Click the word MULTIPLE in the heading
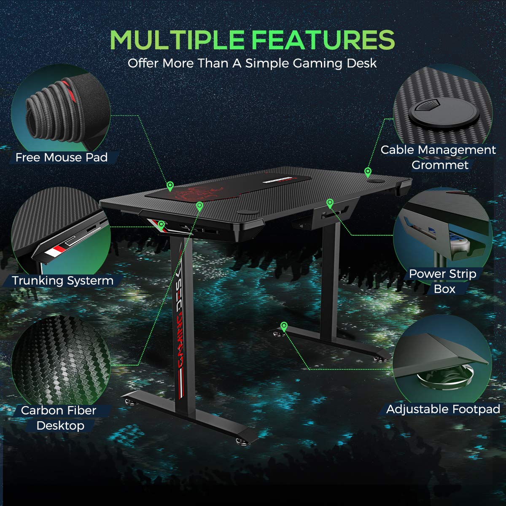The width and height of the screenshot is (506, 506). click(x=177, y=40)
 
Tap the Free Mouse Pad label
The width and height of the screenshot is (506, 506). click(x=62, y=158)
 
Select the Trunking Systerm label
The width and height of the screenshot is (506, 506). click(x=63, y=281)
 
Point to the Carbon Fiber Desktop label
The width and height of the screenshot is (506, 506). click(x=59, y=418)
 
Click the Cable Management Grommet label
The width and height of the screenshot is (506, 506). click(x=439, y=157)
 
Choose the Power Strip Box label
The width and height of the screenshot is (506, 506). click(x=443, y=281)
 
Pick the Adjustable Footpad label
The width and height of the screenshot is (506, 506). click(x=443, y=409)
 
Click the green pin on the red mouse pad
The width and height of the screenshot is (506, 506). click(x=170, y=186)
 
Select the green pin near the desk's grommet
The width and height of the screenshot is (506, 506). click(x=368, y=172)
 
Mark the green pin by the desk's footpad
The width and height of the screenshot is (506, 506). click(x=284, y=326)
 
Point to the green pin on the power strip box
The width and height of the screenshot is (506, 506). click(x=330, y=203)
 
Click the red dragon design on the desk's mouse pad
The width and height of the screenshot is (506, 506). click(x=198, y=194)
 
